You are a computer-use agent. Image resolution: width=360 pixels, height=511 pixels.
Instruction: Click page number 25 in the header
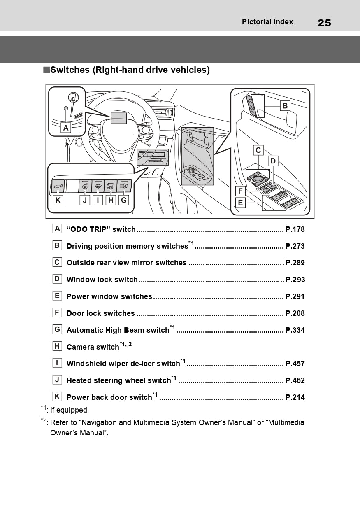[x=324, y=23]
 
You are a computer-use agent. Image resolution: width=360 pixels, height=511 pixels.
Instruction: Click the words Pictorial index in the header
[x=267, y=22]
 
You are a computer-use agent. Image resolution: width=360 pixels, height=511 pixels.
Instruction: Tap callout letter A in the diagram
[x=65, y=128]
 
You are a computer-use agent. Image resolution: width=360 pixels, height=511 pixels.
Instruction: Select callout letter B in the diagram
[x=285, y=106]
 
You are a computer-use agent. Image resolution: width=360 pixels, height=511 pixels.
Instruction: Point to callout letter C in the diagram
[x=258, y=150]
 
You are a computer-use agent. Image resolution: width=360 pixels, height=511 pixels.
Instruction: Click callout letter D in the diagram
[x=273, y=161]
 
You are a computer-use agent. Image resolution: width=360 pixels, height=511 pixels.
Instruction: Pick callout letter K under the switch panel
[x=58, y=200]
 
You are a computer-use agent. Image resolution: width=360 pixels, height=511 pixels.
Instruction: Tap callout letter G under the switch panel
[x=124, y=200]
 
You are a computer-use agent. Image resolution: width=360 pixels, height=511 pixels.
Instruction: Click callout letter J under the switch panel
[x=85, y=200]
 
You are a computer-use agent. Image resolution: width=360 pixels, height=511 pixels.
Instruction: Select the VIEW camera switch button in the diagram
[x=110, y=186]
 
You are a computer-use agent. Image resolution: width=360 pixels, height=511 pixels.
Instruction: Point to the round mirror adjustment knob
[x=258, y=179]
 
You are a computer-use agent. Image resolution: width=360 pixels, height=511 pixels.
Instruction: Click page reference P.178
[x=295, y=229]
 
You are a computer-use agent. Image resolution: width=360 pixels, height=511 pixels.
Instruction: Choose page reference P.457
[x=295, y=364]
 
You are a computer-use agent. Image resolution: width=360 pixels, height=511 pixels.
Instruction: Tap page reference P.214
[x=295, y=397]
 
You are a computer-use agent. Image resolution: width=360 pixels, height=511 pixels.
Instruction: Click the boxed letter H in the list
[x=57, y=346]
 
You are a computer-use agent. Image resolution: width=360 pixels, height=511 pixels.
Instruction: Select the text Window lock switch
[x=102, y=280]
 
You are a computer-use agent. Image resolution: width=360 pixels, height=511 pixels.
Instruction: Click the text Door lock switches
[x=100, y=313]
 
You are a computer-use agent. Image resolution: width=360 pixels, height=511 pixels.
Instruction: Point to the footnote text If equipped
[x=69, y=410]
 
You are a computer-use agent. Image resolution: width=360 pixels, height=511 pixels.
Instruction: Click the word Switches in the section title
[x=70, y=70]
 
